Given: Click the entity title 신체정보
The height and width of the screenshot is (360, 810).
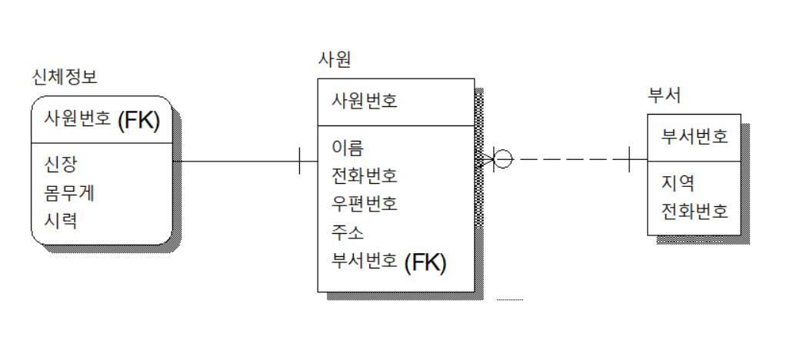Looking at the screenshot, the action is click(65, 77).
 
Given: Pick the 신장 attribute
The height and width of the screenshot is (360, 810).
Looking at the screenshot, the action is click(61, 163).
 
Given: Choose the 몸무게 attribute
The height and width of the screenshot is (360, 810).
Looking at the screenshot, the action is click(69, 192).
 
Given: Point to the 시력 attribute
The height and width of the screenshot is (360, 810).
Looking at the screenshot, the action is click(61, 221).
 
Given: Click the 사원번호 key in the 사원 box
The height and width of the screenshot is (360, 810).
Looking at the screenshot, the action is click(365, 101).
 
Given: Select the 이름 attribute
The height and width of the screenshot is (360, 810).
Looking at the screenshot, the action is click(348, 147).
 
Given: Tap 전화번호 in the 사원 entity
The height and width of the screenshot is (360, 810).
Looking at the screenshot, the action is click(365, 175).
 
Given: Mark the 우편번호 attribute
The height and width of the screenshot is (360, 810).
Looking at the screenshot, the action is click(365, 204).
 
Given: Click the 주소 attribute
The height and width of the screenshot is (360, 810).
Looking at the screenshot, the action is click(348, 232).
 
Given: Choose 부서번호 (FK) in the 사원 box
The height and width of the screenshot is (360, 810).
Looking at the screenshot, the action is click(388, 262).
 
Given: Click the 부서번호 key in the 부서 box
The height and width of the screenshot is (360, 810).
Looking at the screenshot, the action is click(695, 137).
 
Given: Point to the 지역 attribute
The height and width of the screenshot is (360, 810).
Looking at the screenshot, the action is click(678, 182).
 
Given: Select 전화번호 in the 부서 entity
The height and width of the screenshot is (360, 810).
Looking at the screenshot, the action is click(695, 211).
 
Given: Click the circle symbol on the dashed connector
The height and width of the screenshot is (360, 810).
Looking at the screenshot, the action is click(502, 160).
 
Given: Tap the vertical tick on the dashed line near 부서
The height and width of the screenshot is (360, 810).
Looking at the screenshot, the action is click(629, 160).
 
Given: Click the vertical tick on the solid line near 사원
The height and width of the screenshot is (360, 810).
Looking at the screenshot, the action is click(300, 162).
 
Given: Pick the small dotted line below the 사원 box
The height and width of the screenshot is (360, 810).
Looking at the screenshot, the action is click(510, 298).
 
